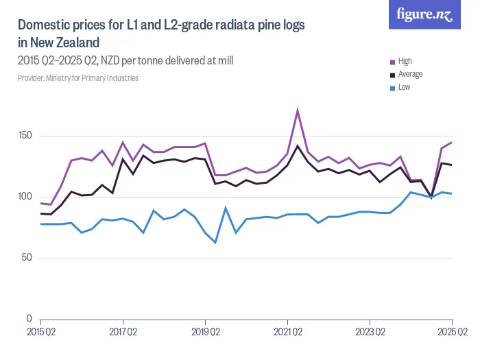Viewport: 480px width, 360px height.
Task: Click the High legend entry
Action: [405, 61]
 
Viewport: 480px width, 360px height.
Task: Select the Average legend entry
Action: [409, 74]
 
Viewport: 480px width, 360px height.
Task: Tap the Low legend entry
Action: [404, 87]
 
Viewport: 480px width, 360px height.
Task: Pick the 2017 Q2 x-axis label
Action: [123, 332]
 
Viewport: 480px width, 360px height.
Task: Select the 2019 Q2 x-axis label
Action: [205, 332]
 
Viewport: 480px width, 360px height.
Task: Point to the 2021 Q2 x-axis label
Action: [287, 332]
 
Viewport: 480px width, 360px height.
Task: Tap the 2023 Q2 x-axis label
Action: [370, 332]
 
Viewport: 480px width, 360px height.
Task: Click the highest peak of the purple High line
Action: [298, 110]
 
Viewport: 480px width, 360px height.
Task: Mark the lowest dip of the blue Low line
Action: [215, 242]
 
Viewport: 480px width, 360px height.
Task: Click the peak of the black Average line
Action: [298, 145]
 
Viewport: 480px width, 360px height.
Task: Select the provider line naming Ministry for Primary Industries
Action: [78, 78]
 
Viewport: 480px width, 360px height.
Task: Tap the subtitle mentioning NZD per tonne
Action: [125, 60]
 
